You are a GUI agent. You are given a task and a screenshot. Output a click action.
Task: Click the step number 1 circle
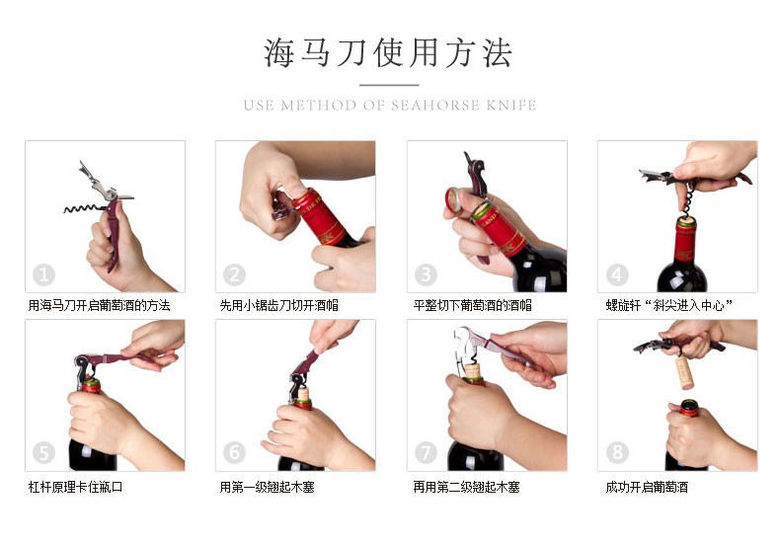[43, 274]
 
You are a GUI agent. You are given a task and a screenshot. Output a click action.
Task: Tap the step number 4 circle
[617, 274]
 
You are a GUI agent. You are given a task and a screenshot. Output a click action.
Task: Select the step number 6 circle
[234, 452]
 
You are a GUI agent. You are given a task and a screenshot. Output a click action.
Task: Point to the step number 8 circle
[617, 452]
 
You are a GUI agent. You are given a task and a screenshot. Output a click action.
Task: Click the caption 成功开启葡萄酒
[647, 487]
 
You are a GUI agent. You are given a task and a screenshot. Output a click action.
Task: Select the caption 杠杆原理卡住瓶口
[76, 487]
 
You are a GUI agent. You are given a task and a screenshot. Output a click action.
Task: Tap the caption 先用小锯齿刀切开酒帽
[278, 305]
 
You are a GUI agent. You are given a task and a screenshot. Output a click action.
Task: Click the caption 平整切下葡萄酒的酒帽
[472, 305]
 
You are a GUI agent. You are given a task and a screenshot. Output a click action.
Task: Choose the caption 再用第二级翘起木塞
[466, 487]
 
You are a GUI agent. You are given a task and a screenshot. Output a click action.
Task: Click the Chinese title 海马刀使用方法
[388, 52]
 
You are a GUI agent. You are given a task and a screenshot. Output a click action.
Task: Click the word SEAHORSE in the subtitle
[435, 106]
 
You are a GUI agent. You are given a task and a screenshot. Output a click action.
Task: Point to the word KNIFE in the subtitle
[511, 106]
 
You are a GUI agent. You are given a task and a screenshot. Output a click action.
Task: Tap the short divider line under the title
[389, 85]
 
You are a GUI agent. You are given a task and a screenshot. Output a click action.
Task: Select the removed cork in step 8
[684, 372]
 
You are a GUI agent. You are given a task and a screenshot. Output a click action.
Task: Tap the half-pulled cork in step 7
[472, 371]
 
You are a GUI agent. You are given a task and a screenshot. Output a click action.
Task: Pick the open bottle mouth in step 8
[689, 404]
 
